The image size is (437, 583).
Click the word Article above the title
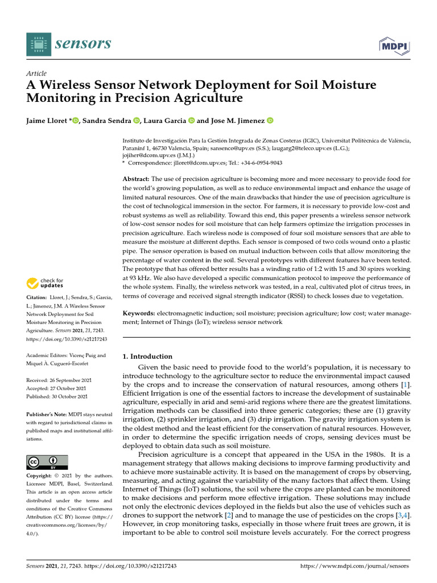36,73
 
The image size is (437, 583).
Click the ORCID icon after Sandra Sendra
137,120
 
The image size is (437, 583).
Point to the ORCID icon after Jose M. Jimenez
270,120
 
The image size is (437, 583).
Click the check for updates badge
46,282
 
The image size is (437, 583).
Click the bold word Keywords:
139,313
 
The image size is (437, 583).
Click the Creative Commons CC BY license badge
47,462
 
